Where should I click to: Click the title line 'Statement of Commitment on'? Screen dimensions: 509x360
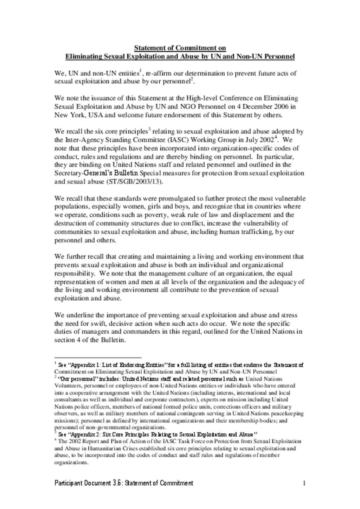coord(180,48)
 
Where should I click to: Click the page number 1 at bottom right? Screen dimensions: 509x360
coord(304,483)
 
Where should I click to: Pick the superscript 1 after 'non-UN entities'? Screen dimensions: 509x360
coord(140,71)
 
